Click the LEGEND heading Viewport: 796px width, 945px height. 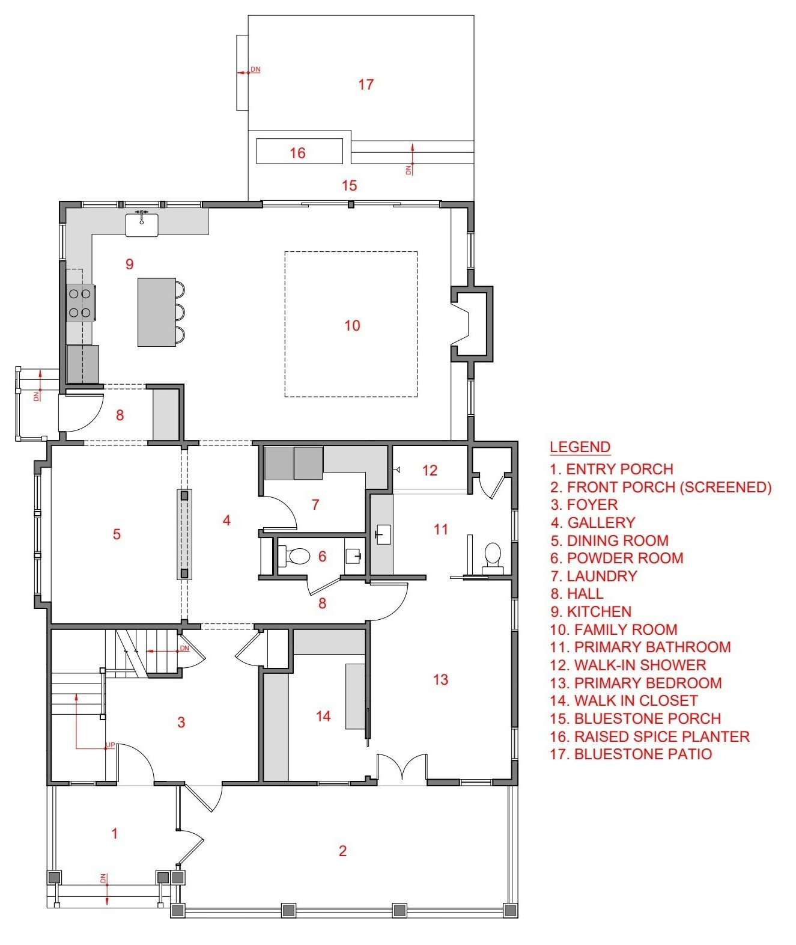(x=580, y=447)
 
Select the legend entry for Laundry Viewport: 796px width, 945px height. (x=594, y=576)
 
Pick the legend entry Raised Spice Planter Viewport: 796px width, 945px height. (x=650, y=736)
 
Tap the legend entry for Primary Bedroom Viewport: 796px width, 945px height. (x=636, y=683)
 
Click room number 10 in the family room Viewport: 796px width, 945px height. (x=352, y=325)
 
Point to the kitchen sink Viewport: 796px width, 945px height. (x=142, y=224)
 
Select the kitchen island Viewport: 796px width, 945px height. (x=156, y=312)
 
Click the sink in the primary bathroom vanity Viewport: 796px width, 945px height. (x=383, y=534)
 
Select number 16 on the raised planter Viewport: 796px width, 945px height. (x=297, y=153)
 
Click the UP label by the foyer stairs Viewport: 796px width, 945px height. (x=111, y=745)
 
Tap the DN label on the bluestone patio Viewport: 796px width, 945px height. (x=255, y=69)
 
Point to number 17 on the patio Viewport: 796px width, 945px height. (x=366, y=84)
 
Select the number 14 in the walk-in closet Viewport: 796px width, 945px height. (x=323, y=717)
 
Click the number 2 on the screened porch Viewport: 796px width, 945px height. (x=343, y=851)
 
